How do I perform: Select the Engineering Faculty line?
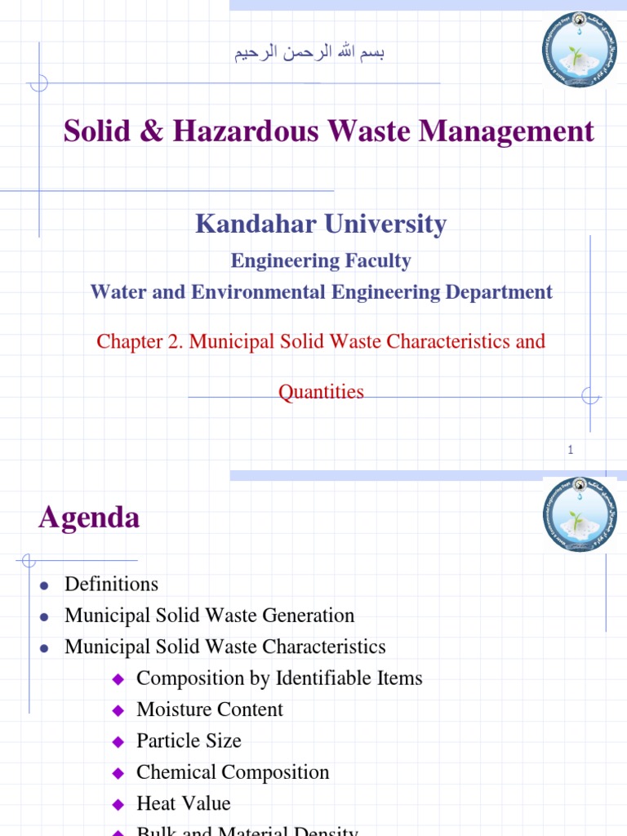321,261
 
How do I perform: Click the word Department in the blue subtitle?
505,292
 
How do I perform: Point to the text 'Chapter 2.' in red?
140,341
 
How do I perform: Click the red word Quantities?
321,392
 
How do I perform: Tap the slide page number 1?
571,450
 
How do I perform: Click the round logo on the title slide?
579,51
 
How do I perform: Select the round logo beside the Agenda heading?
579,515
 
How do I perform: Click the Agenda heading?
89,518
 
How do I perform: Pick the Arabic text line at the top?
309,54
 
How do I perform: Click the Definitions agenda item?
111,585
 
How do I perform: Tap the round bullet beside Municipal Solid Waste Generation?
45,616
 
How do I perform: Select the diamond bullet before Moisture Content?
118,710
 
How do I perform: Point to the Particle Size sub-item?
189,741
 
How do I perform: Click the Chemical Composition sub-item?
233,772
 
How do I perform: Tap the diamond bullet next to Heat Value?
118,804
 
